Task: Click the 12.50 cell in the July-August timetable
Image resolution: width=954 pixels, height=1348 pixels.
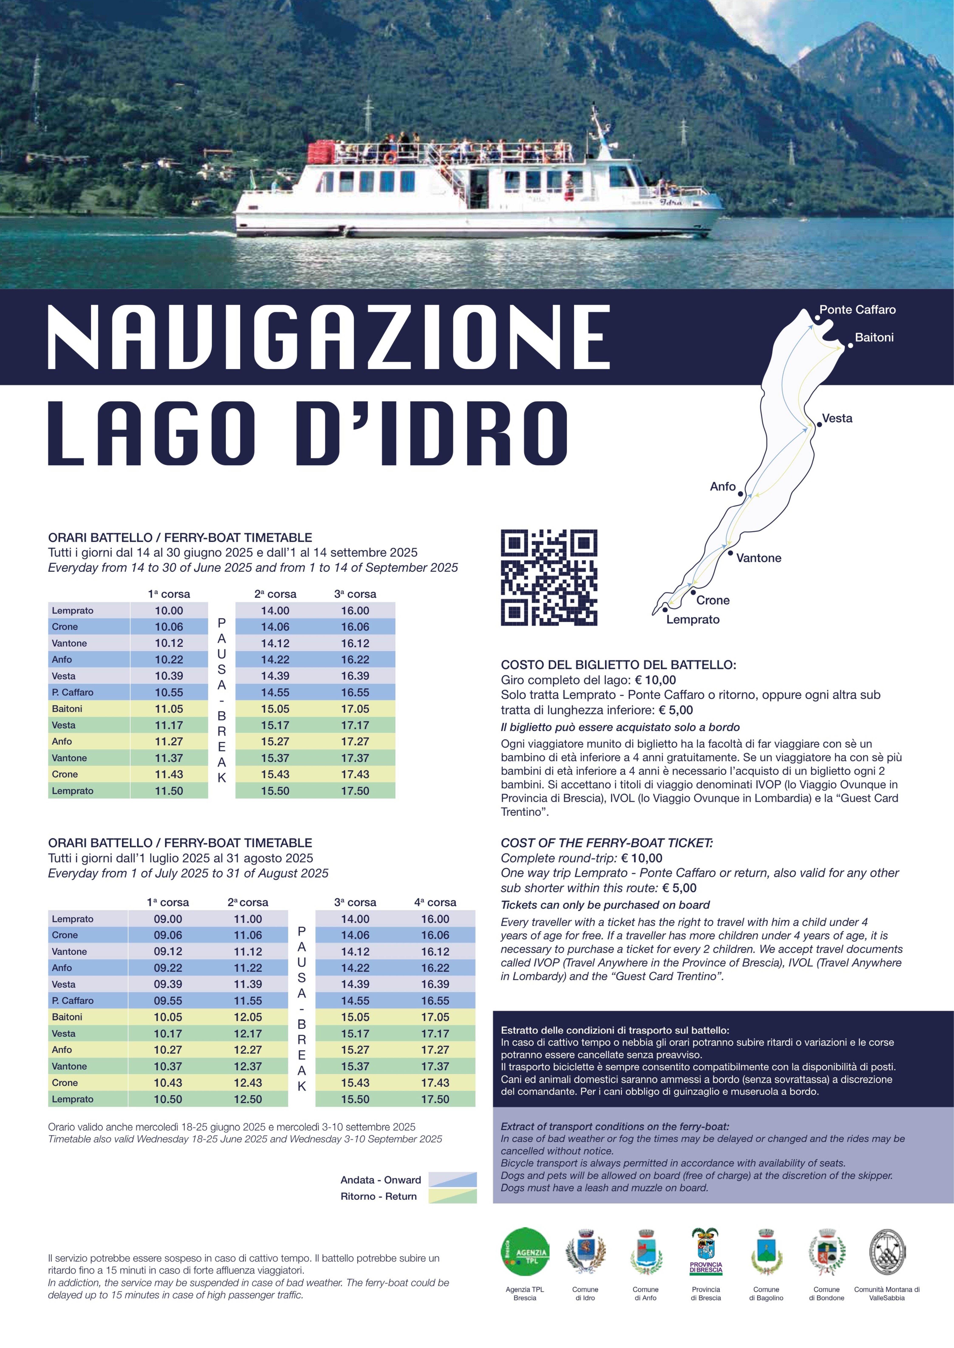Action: point(248,1099)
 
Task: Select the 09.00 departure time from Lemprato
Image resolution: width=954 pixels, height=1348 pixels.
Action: point(168,919)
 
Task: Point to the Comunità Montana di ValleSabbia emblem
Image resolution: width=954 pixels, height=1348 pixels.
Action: point(886,1253)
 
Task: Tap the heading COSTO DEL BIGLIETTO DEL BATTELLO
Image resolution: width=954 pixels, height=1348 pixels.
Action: point(618,665)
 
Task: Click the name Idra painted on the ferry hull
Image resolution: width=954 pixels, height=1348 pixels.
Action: point(670,202)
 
